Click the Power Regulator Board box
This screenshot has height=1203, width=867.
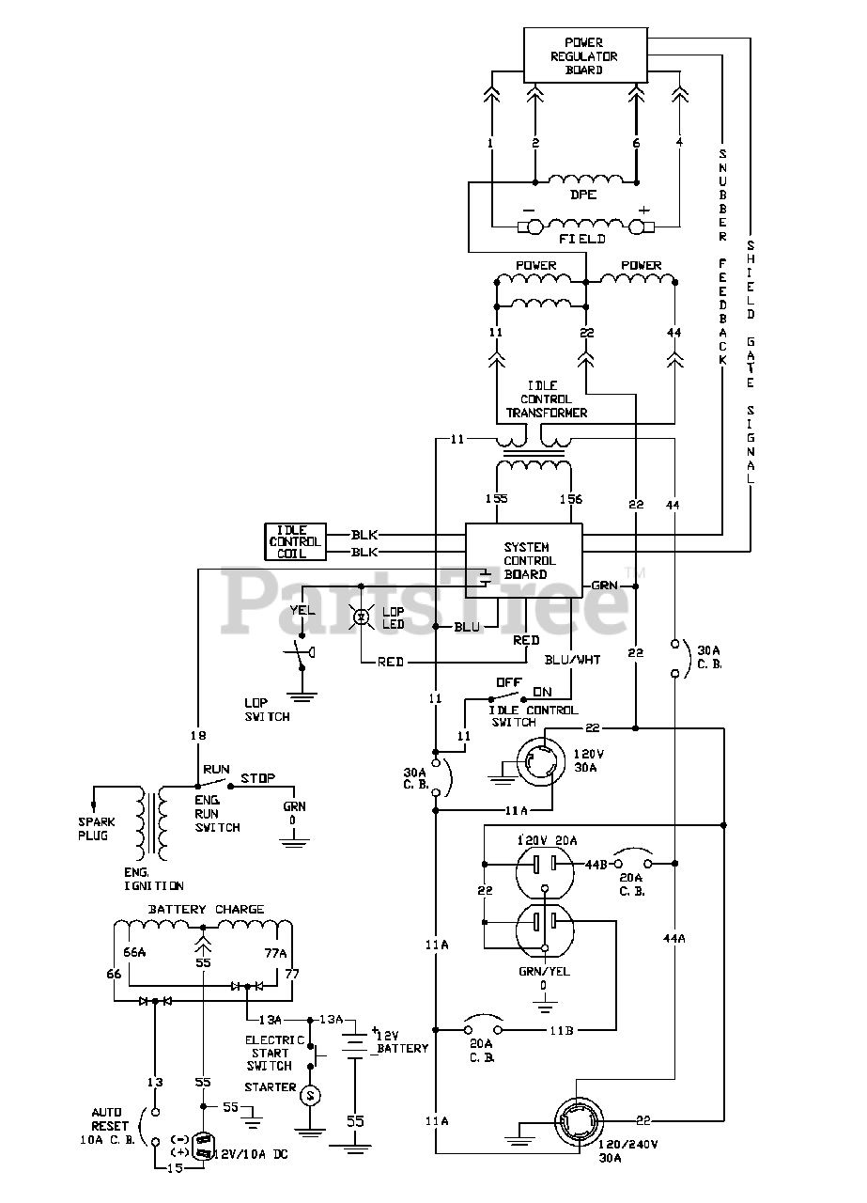coord(585,55)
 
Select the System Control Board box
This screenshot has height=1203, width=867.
coord(523,561)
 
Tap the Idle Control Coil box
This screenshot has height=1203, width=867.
coord(295,541)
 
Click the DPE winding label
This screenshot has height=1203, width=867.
coord(583,195)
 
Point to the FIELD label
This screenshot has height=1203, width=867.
coord(582,239)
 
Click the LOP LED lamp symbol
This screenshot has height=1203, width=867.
coord(362,617)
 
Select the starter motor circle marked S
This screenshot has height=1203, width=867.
coord(310,1095)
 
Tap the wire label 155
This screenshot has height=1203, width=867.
coord(497,498)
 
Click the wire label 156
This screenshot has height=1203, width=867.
coord(571,498)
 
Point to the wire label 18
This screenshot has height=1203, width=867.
coord(198,735)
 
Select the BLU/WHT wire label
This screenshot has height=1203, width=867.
coord(572,660)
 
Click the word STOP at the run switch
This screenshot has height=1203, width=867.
coord(257,778)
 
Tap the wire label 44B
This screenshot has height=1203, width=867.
coord(596,865)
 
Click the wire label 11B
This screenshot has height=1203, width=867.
coord(561,1031)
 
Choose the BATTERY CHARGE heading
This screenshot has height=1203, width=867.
coord(206,909)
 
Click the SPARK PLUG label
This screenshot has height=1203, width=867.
coord(97,829)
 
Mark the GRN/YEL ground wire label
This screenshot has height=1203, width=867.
coord(545,971)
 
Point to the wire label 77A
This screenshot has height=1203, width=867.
coord(276,953)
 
